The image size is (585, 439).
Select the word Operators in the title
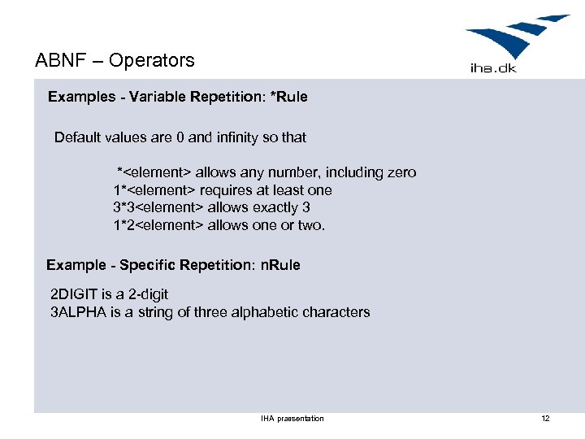click(x=152, y=60)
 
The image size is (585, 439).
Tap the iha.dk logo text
click(x=493, y=67)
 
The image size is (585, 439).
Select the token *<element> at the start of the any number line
click(x=154, y=172)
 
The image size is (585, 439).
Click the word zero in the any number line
click(x=401, y=172)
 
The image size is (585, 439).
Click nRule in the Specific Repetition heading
click(x=280, y=265)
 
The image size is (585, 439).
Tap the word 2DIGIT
click(x=76, y=294)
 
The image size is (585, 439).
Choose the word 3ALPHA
click(x=77, y=312)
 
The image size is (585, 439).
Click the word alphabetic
click(x=264, y=312)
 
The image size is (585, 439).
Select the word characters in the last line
click(x=336, y=312)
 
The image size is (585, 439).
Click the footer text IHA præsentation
click(x=292, y=418)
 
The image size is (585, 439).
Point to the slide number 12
click(x=545, y=418)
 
